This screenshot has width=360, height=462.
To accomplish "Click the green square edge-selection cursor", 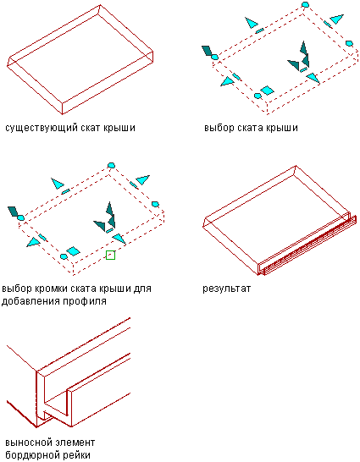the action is coord(110,256).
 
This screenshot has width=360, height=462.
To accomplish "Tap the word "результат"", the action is coord(226,289).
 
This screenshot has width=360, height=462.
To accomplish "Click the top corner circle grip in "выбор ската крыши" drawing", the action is coord(306,4).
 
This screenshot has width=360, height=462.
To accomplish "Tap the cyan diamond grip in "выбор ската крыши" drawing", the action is coord(267,91).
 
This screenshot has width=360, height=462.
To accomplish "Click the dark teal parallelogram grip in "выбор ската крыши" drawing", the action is coord(208,51).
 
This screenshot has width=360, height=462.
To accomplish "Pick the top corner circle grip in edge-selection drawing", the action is coord(111,165).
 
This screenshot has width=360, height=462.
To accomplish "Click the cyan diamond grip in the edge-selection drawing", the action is coord(73,251).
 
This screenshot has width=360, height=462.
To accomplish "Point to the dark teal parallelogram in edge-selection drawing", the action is coord(14,212).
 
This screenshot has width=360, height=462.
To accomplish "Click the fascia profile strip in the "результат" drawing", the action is coord(309,246).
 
